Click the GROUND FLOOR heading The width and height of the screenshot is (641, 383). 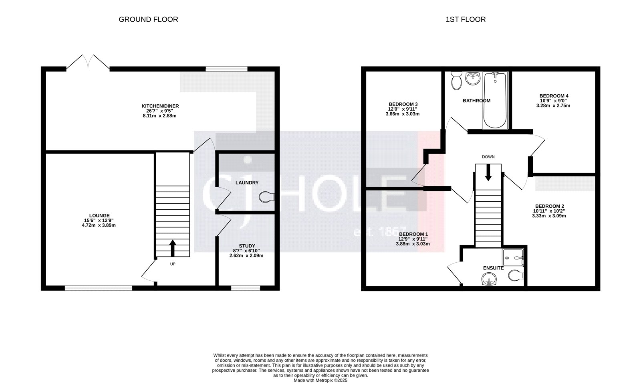coord(148,20)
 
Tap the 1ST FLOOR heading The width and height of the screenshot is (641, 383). coord(466,20)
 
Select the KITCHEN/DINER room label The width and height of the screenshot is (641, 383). coord(160,106)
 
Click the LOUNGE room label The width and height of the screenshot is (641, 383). coord(99,216)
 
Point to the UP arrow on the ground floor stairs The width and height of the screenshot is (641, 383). coord(173,248)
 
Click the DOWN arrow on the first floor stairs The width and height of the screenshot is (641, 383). coord(488,172)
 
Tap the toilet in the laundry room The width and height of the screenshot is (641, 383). coord(266,197)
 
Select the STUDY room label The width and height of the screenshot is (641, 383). coord(247,246)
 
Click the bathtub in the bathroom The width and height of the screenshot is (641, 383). coord(495,100)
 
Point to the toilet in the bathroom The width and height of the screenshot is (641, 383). coord(456,81)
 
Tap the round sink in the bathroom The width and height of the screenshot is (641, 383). coord(473,78)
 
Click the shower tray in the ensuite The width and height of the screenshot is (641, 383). coord(513,258)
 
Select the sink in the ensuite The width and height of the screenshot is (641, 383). coord(489,279)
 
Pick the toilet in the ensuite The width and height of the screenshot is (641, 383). coord(516,276)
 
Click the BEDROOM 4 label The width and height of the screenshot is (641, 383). coord(554,96)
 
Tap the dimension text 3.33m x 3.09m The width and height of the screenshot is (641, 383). coord(549,216)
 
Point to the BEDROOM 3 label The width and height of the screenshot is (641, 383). coord(403,104)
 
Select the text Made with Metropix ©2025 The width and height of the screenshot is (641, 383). coord(320,381)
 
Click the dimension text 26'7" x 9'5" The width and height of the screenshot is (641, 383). coord(160,111)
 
